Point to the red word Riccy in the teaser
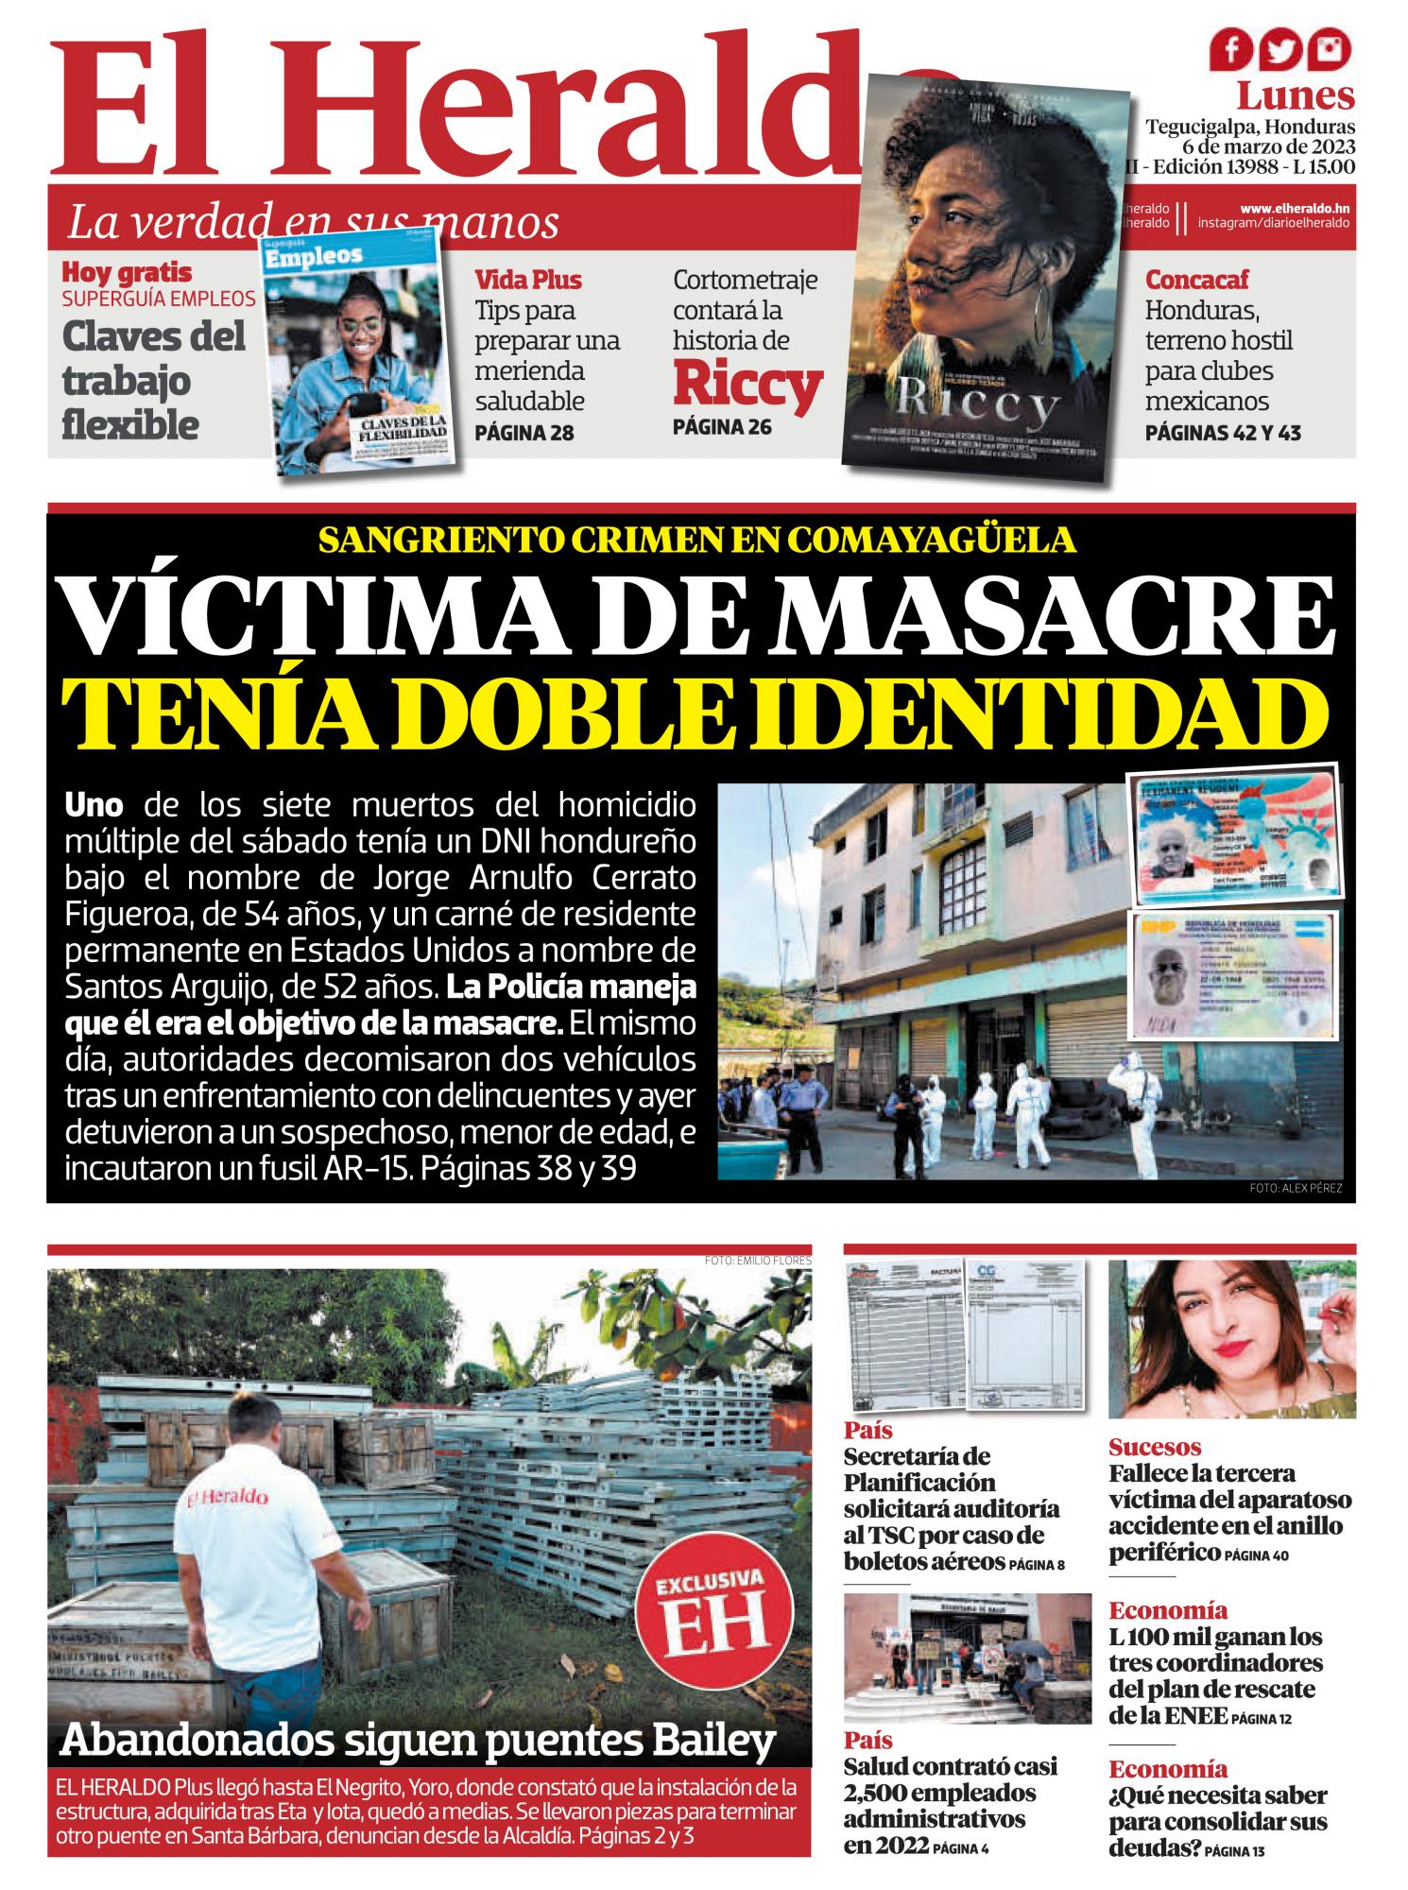pyautogui.click(x=747, y=385)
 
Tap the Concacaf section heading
pyautogui.click(x=1195, y=280)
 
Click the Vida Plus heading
pyautogui.click(x=528, y=280)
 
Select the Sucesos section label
pyautogui.click(x=1155, y=1447)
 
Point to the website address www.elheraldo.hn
pyautogui.click(x=1295, y=208)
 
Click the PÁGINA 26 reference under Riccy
pyautogui.click(x=722, y=427)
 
